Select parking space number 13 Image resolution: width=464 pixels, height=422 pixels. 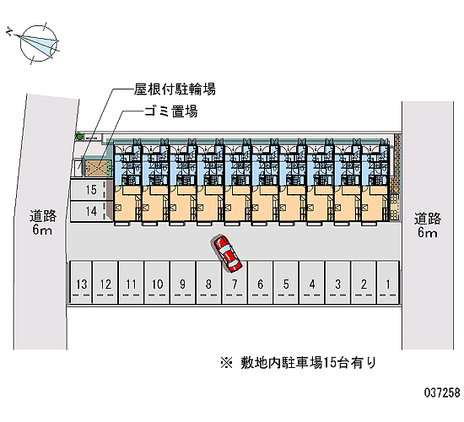pyautogui.click(x=81, y=282)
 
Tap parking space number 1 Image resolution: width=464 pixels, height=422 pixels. pyautogui.click(x=388, y=282)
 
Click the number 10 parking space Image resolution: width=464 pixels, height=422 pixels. pyautogui.click(x=157, y=282)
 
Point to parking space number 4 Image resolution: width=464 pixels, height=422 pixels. pyautogui.click(x=312, y=282)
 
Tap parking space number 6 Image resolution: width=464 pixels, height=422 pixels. pyautogui.click(x=260, y=282)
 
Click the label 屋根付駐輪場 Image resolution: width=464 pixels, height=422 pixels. pyautogui.click(x=175, y=89)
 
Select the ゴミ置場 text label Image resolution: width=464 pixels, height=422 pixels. pyautogui.click(x=170, y=111)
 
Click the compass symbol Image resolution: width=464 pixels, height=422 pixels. pyautogui.click(x=39, y=43)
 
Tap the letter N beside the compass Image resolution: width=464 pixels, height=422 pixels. pyautogui.click(x=9, y=31)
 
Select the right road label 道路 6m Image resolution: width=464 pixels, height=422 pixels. pyautogui.click(x=428, y=225)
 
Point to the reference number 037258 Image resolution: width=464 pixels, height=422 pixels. pyautogui.click(x=442, y=392)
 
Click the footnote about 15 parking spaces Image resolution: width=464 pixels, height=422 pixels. pyautogui.click(x=299, y=362)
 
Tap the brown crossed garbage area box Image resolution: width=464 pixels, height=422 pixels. pyautogui.click(x=97, y=168)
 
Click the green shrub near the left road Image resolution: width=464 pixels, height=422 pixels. pyautogui.click(x=79, y=137)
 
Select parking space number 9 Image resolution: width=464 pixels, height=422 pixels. pyautogui.click(x=182, y=282)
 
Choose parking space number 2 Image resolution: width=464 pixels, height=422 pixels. pyautogui.click(x=364, y=282)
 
